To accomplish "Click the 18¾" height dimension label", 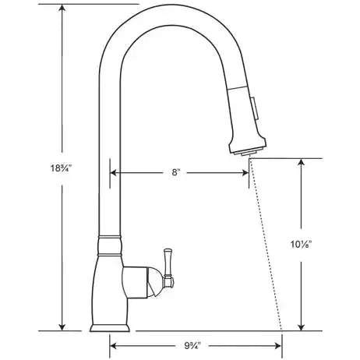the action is (61, 168).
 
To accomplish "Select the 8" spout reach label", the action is (176, 172).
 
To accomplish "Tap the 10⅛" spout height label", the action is (301, 245).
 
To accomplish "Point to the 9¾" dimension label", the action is (192, 346).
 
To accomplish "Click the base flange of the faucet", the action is (110, 328).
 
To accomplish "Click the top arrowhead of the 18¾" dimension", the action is (62, 8).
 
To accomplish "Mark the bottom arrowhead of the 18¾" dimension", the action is (62, 327).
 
